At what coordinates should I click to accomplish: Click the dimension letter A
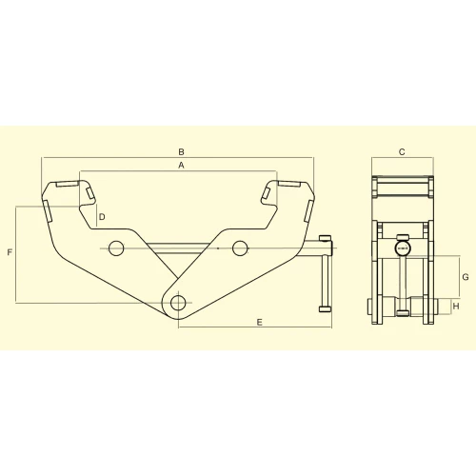tap(180, 165)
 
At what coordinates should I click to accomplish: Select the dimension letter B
tap(180, 150)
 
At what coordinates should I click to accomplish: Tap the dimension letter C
tap(402, 151)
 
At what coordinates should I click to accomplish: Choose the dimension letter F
tap(10, 253)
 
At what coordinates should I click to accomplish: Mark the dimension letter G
tap(465, 276)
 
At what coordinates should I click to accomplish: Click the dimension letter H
tap(456, 307)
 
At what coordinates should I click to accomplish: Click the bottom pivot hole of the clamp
tap(178, 303)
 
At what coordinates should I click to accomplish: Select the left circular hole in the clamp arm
tap(116, 248)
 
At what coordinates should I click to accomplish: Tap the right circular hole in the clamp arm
tap(239, 248)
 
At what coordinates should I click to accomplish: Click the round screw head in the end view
tap(402, 250)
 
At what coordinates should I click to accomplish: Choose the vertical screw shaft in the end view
tap(402, 281)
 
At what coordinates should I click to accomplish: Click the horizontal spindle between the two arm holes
tap(178, 248)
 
